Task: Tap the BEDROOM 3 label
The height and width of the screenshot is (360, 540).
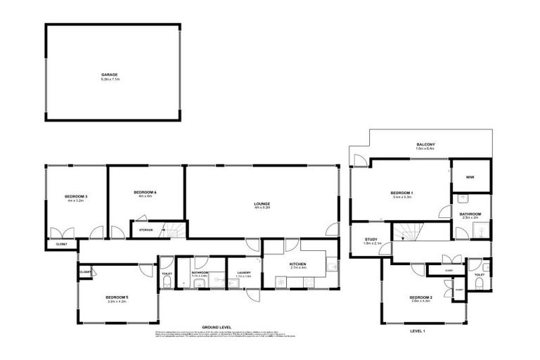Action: pyautogui.click(x=75, y=196)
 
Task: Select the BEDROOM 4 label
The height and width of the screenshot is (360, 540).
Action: pyautogui.click(x=146, y=192)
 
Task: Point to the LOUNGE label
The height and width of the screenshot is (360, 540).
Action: pyautogui.click(x=262, y=204)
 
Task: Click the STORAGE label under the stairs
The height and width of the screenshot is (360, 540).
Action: pyautogui.click(x=146, y=229)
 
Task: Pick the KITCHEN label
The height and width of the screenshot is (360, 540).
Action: pyautogui.click(x=298, y=264)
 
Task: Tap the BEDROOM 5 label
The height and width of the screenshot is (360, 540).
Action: pyautogui.click(x=117, y=297)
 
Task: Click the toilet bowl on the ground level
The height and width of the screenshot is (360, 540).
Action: pyautogui.click(x=167, y=282)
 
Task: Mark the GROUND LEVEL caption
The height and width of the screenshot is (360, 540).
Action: pyautogui.click(x=217, y=328)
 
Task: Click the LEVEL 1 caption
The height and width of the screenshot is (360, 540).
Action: pyautogui.click(x=419, y=330)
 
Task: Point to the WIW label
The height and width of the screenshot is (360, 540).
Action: pyautogui.click(x=470, y=177)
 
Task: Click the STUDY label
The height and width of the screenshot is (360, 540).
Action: pyautogui.click(x=371, y=240)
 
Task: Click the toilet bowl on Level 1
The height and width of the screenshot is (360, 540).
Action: pyautogui.click(x=478, y=283)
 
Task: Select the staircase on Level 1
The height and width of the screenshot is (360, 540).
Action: pyautogui.click(x=406, y=232)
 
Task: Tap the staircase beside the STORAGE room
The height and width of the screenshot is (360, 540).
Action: pyautogui.click(x=173, y=229)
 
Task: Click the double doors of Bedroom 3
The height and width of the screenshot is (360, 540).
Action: pyautogui.click(x=62, y=232)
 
